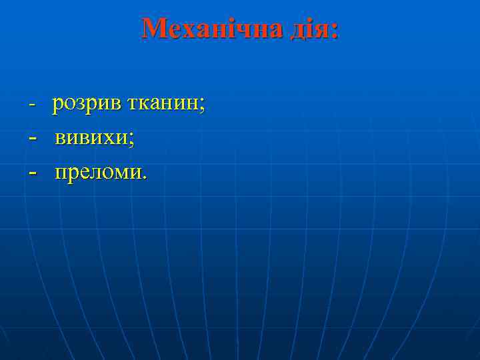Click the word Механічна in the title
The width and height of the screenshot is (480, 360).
click(213, 29)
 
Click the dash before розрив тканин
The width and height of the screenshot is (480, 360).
click(31, 105)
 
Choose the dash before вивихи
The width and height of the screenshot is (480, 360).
click(32, 139)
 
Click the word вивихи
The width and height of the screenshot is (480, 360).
click(91, 139)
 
